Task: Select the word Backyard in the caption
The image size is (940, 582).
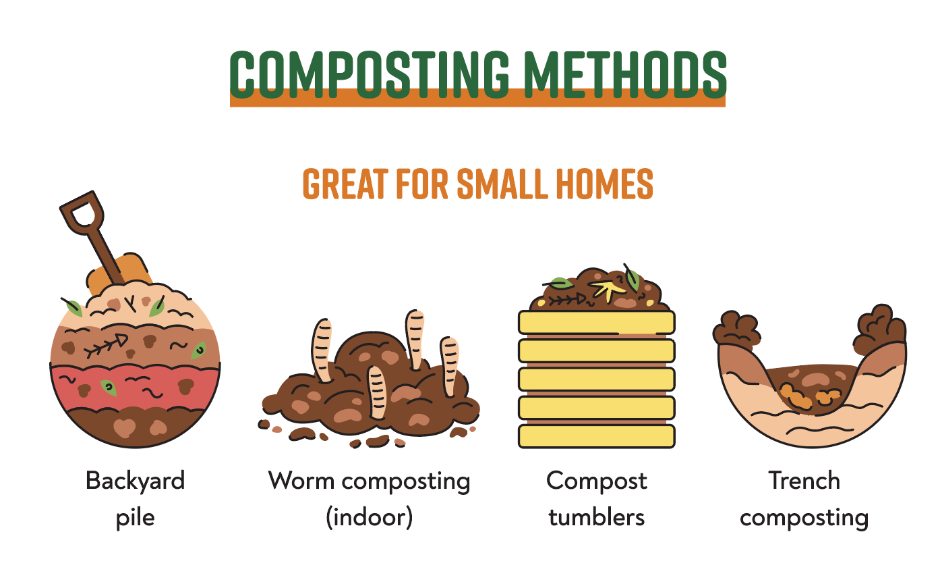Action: (x=135, y=481)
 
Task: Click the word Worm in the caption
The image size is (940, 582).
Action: (x=300, y=481)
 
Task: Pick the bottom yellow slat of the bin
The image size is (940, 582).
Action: (x=596, y=436)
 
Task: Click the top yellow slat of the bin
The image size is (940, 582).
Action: (x=596, y=321)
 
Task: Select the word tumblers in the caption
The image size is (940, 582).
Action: (x=596, y=518)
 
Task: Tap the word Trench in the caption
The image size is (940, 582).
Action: (x=804, y=481)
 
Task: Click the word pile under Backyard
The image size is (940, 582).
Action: (x=135, y=518)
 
